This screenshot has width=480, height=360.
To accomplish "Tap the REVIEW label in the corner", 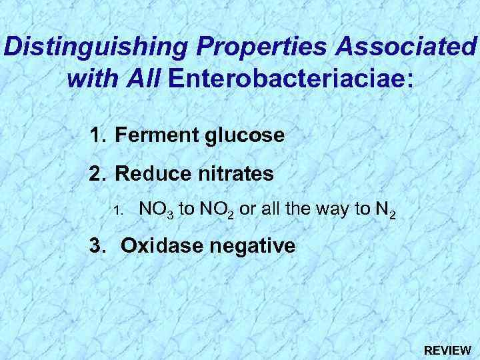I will [x=448, y=349].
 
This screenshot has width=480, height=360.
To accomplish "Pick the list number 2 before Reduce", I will [x=97, y=174].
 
